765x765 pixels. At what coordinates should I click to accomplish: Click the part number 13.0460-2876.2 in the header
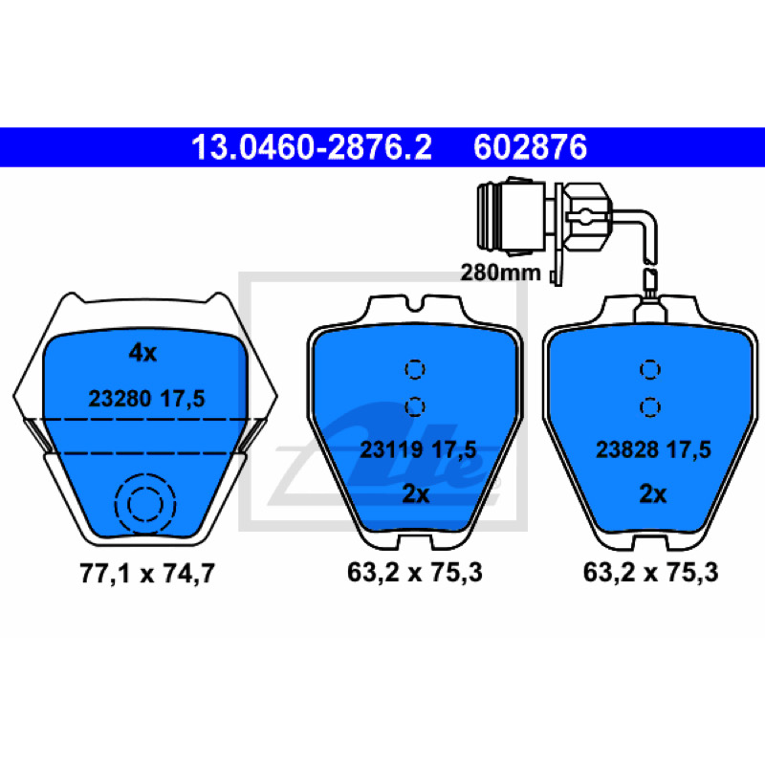[312, 147]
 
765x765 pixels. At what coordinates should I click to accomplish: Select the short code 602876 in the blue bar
[530, 147]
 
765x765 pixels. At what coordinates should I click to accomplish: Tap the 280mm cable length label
[500, 273]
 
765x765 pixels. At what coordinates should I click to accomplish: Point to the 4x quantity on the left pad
[142, 352]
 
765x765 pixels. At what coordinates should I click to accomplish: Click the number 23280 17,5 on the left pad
[146, 399]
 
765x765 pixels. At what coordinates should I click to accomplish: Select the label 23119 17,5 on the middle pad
[418, 449]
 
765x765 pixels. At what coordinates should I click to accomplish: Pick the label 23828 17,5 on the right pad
[653, 449]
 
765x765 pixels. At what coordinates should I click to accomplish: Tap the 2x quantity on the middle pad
[415, 494]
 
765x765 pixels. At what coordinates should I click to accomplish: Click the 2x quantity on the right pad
[653, 494]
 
